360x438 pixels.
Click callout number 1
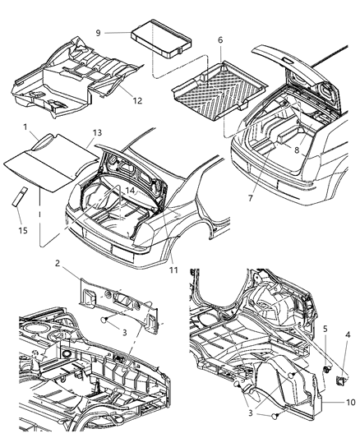[x=26, y=129]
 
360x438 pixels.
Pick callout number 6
[x=219, y=39]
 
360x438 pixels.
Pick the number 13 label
[x=97, y=132]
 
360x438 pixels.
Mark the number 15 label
[x=24, y=231]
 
